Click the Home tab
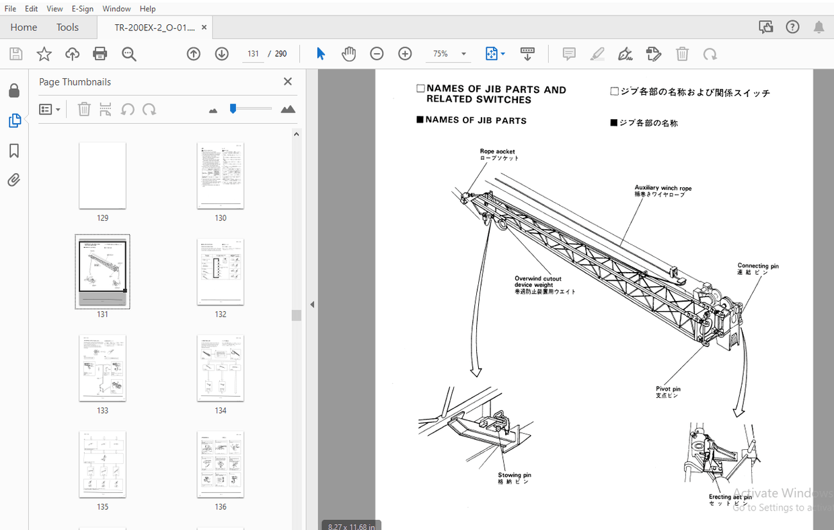(x=24, y=27)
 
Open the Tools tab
(x=67, y=27)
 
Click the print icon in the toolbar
(x=100, y=54)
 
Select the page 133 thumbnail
(x=102, y=368)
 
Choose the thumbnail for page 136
(x=221, y=465)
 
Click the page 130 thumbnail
(x=221, y=176)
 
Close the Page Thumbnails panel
(x=288, y=81)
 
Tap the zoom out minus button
(x=377, y=54)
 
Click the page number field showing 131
(x=252, y=54)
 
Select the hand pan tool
(x=348, y=54)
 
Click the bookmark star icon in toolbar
(x=44, y=54)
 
